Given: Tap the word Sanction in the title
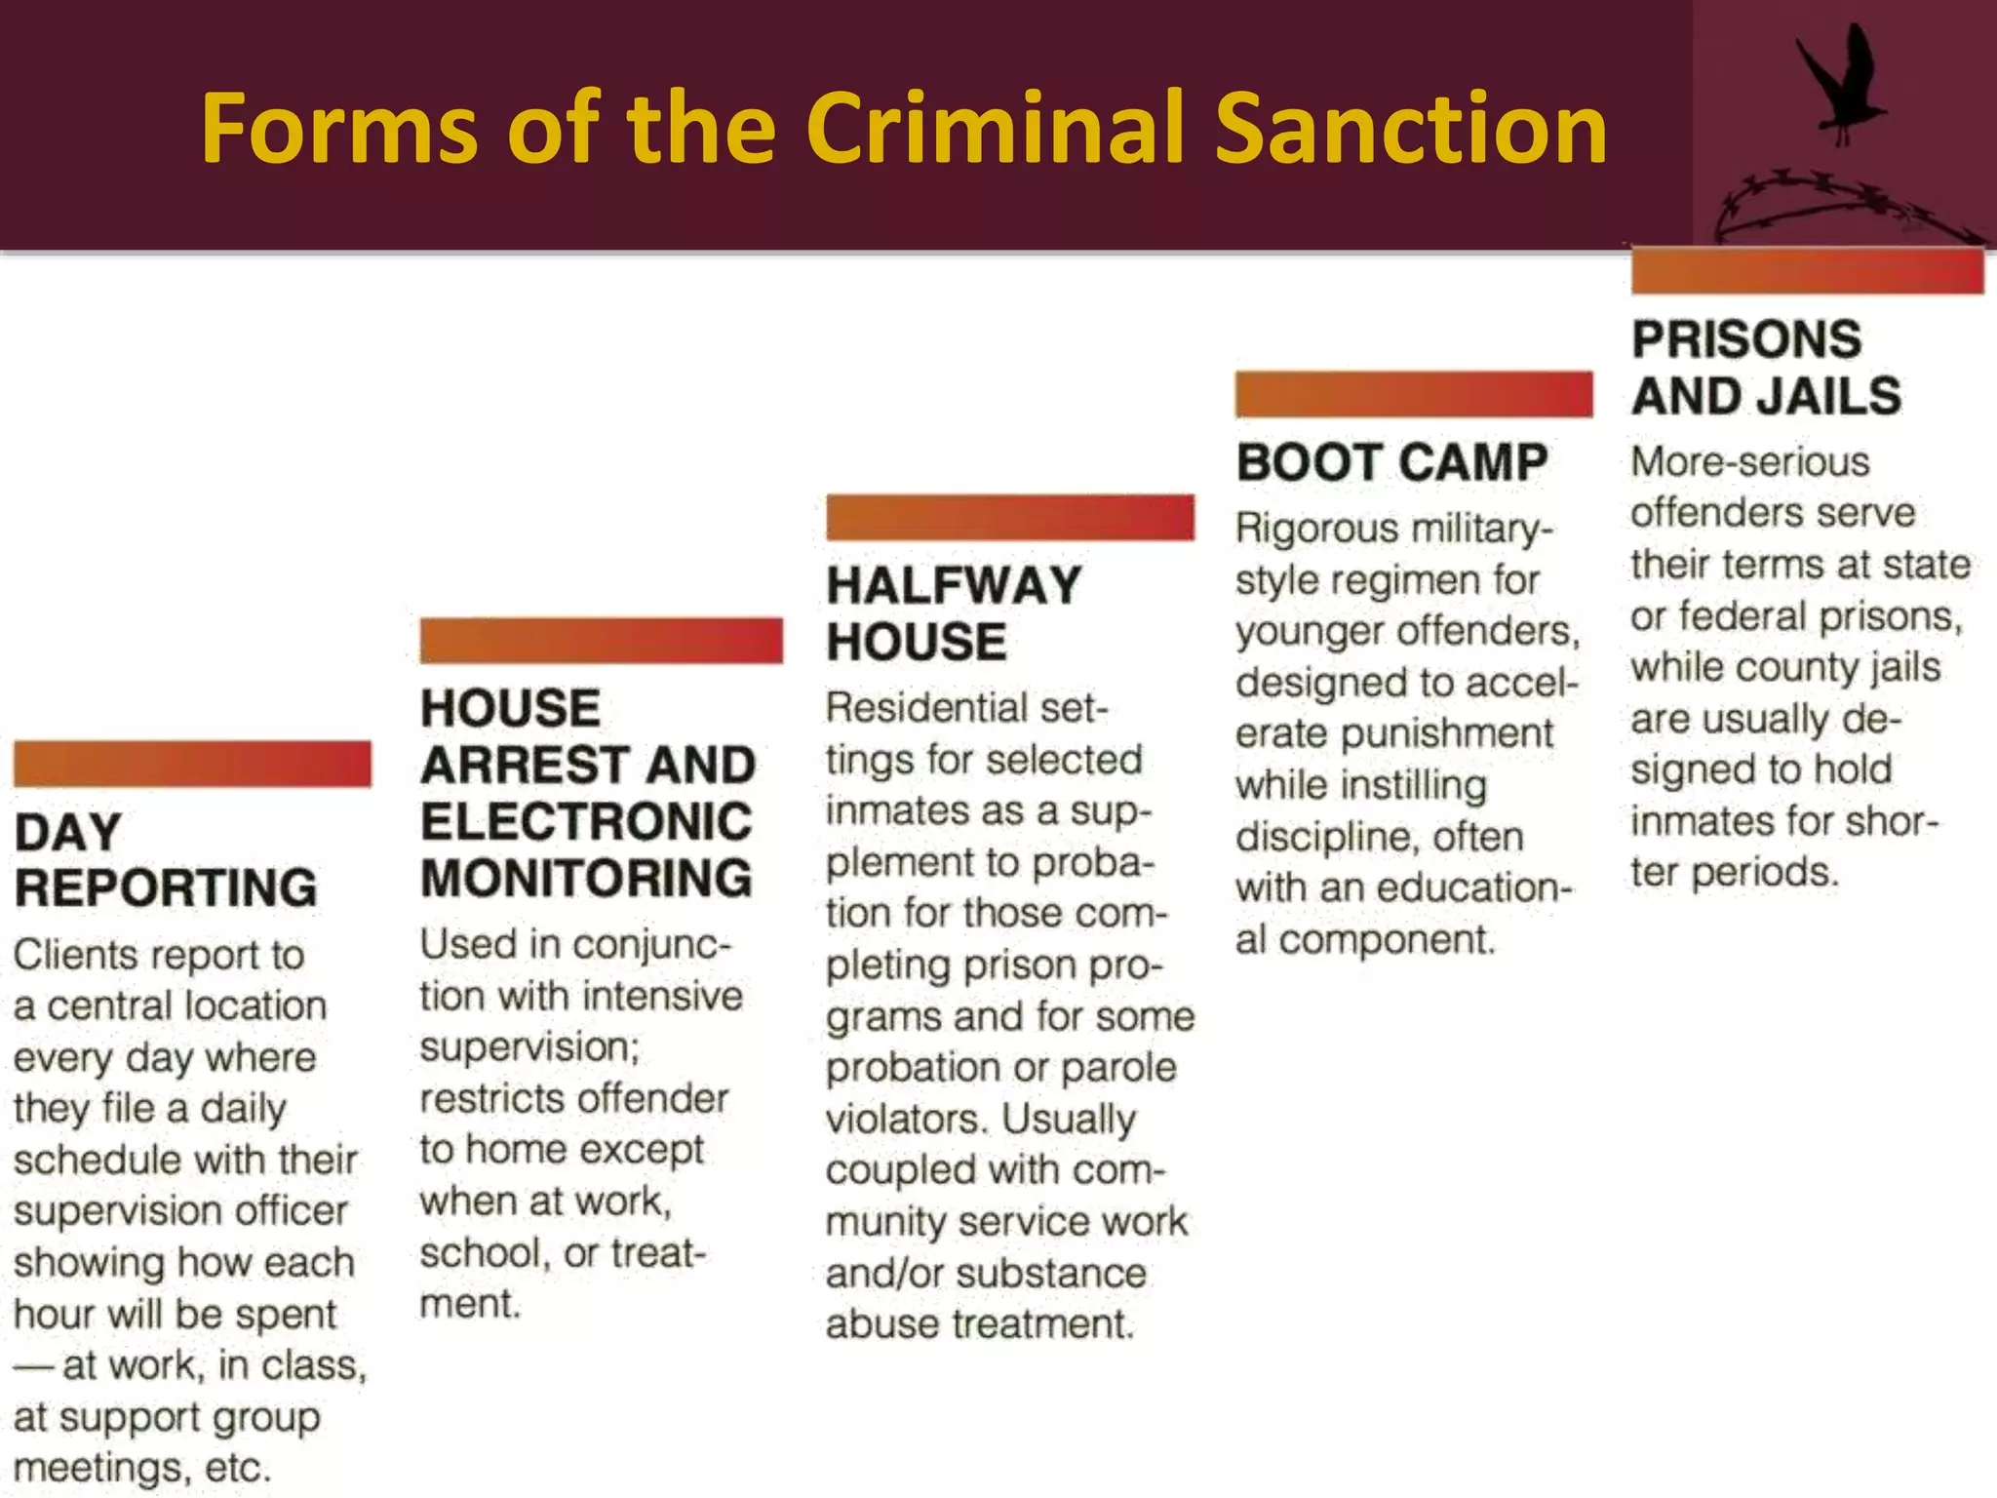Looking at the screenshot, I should [1411, 129].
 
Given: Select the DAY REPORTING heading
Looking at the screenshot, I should [166, 860].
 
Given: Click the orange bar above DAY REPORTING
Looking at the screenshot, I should [192, 763].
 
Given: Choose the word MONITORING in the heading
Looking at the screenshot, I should [586, 878].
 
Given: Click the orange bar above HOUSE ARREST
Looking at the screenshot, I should [601, 640].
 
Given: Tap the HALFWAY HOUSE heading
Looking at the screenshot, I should [954, 613].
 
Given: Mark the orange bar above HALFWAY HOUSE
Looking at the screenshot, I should [1009, 517].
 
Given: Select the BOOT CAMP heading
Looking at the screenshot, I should [1391, 462].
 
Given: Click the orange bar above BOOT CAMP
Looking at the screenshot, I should [1413, 394].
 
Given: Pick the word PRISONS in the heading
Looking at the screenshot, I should [1746, 339].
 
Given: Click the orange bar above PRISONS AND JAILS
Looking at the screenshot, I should [1807, 270].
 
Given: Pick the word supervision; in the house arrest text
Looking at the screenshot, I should [529, 1047].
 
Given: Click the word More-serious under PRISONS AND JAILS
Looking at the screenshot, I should [1750, 462].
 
